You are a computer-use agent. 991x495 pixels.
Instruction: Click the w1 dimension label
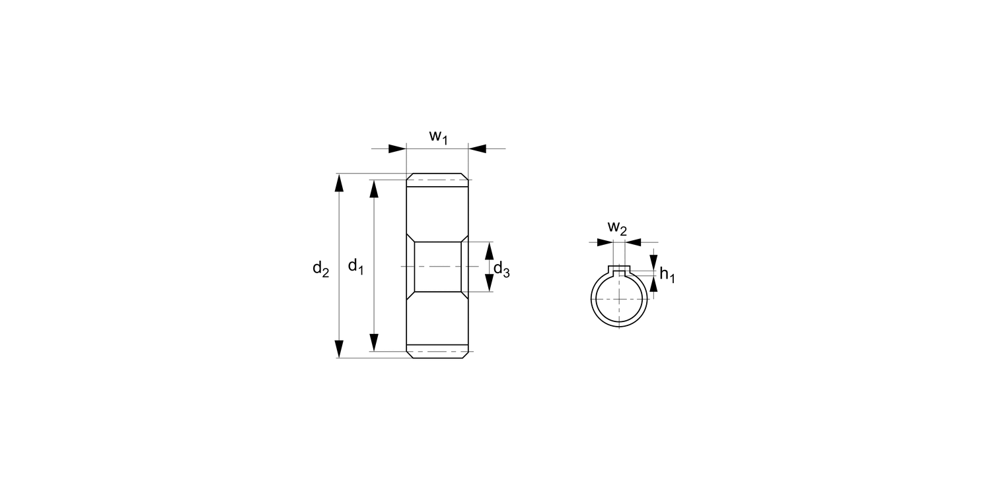[439, 137]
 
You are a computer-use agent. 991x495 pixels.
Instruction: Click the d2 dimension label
[321, 268]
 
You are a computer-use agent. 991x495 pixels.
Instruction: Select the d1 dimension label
[356, 266]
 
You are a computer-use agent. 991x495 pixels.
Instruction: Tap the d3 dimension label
[501, 269]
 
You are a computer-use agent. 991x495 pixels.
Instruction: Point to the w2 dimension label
[617, 228]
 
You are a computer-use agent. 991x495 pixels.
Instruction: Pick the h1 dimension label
[667, 275]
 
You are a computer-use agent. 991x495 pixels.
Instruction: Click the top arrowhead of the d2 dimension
[340, 183]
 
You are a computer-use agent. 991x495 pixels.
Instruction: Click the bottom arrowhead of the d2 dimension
[340, 348]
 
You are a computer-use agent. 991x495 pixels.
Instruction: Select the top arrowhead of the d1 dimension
[374, 188]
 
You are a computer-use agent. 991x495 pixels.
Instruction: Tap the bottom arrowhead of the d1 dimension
[374, 343]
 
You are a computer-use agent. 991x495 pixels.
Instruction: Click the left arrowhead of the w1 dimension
[396, 148]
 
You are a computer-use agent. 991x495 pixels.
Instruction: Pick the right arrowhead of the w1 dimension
[477, 148]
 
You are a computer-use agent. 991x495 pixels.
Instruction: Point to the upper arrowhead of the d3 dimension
[489, 251]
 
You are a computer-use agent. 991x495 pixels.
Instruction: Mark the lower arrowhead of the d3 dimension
[489, 282]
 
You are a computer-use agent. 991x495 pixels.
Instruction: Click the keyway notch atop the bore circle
[619, 269]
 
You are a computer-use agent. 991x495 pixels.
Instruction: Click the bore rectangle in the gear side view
[437, 267]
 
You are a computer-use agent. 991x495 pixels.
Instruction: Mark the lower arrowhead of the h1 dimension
[653, 284]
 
